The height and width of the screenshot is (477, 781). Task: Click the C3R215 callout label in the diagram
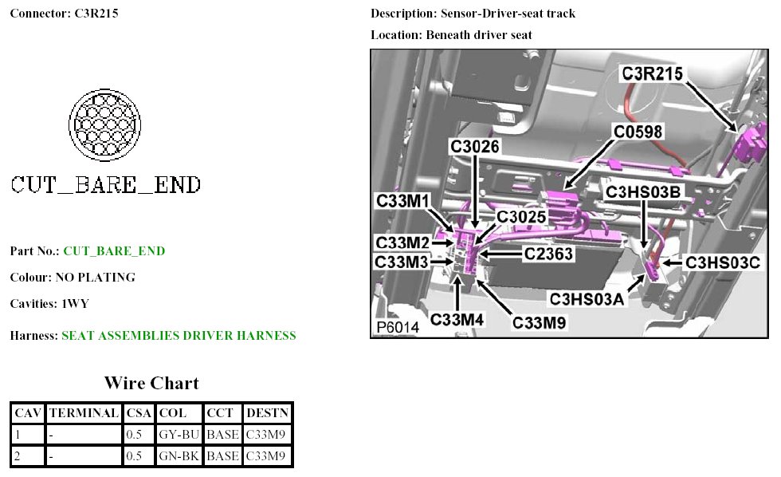pyautogui.click(x=652, y=74)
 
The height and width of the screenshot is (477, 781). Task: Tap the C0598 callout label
pyautogui.click(x=638, y=132)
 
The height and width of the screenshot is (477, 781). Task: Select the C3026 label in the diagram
pyautogui.click(x=475, y=148)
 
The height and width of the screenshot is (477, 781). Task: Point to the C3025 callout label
pyautogui.click(x=521, y=216)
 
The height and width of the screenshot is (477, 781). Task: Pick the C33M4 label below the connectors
pyautogui.click(x=457, y=320)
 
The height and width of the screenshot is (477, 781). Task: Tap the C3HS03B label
pyautogui.click(x=643, y=191)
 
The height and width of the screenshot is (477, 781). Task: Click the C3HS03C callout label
pyautogui.click(x=723, y=261)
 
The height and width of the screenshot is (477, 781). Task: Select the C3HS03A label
pyautogui.click(x=587, y=298)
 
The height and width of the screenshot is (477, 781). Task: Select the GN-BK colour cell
pyautogui.click(x=178, y=456)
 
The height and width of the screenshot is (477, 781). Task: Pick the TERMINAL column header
pyautogui.click(x=84, y=413)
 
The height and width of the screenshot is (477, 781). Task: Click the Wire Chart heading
pyautogui.click(x=151, y=383)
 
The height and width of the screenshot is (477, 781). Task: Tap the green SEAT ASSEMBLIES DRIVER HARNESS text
pyautogui.click(x=179, y=336)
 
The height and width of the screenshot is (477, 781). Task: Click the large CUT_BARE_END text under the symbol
pyautogui.click(x=105, y=185)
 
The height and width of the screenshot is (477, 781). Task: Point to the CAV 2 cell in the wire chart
pyautogui.click(x=28, y=456)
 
